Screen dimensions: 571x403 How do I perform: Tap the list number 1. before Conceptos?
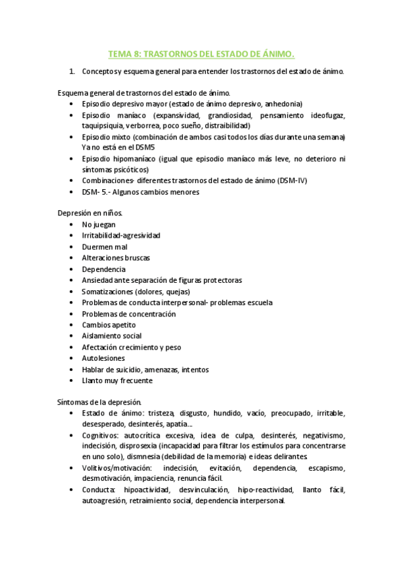(x=73, y=71)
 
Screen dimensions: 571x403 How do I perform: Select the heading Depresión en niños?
(x=89, y=213)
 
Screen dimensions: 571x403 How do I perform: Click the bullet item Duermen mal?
(x=104, y=247)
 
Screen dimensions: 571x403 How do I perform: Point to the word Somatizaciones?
(x=107, y=292)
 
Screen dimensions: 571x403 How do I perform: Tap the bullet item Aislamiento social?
(x=112, y=336)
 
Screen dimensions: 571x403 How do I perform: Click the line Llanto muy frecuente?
(x=117, y=380)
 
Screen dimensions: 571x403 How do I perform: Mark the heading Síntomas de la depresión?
(x=98, y=403)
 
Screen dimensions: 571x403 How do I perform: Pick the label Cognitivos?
(x=102, y=435)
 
